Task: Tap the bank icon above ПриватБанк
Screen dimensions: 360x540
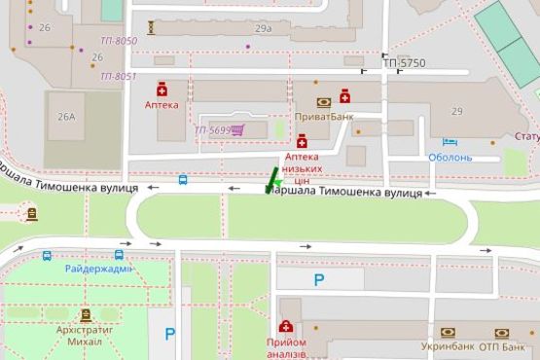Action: click(323, 101)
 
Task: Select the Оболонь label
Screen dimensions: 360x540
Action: click(450, 158)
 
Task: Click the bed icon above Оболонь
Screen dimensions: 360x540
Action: click(449, 143)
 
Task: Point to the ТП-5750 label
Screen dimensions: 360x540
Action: click(403, 63)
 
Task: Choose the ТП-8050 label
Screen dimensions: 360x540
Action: click(119, 41)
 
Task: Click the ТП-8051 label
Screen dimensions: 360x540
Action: click(118, 76)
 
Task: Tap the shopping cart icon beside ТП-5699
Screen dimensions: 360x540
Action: click(237, 129)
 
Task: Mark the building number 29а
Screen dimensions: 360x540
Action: click(263, 29)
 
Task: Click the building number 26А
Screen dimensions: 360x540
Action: click(66, 117)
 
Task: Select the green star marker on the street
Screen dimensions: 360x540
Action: click(275, 181)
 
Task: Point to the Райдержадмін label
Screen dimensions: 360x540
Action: click(98, 270)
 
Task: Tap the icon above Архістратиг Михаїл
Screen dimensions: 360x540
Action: click(87, 315)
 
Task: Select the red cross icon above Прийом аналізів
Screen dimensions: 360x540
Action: click(286, 328)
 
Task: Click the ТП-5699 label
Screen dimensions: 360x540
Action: click(211, 130)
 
